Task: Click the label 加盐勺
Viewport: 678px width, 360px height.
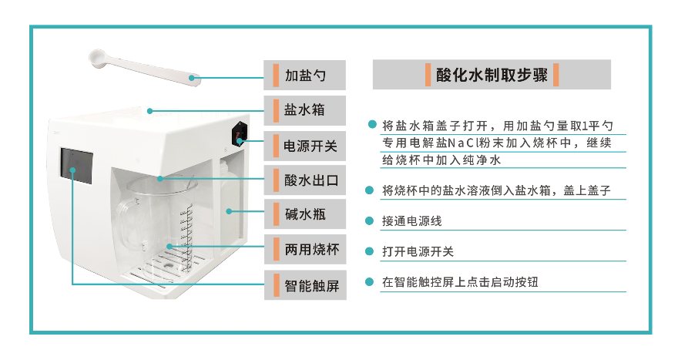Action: pos(305,76)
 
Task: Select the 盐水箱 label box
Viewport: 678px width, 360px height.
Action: pos(305,110)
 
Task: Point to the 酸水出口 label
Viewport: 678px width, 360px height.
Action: pos(305,181)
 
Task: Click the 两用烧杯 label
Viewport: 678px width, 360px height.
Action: pos(305,250)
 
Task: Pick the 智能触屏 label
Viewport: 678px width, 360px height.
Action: pos(305,286)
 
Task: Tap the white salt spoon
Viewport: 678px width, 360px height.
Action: pos(143,66)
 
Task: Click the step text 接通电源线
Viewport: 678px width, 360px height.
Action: pos(411,221)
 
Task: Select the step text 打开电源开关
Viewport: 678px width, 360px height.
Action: pos(418,251)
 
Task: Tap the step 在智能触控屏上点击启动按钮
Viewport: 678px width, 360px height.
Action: pos(459,282)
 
